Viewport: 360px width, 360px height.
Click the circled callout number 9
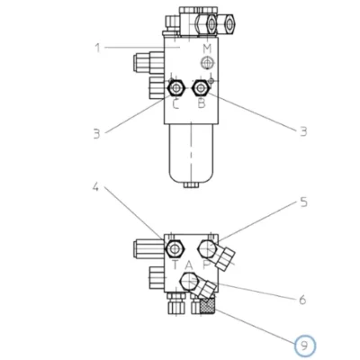[304, 346]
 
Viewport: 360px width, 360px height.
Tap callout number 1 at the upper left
[97, 48]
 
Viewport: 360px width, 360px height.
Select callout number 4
[95, 187]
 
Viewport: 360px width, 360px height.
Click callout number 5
[304, 202]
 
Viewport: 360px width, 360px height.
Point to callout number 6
[302, 299]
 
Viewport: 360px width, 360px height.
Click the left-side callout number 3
[96, 133]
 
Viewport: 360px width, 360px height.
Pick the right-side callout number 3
[303, 131]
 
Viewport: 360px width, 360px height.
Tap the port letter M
[207, 48]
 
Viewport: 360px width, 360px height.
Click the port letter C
[175, 104]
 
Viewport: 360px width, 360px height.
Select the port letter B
[202, 103]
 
